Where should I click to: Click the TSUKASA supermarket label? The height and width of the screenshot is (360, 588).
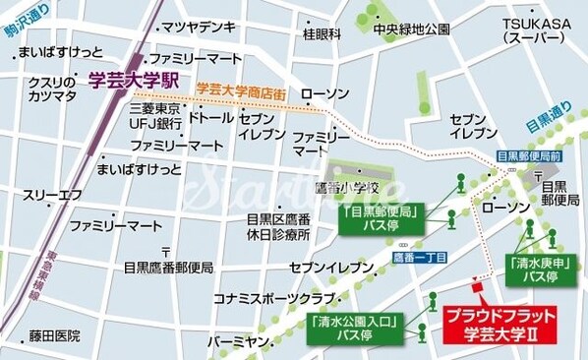click(531, 30)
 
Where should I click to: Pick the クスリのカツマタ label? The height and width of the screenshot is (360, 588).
click(52, 88)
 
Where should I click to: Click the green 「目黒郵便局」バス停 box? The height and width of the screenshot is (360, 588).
click(381, 217)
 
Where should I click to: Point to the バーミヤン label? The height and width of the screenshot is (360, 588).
click(240, 342)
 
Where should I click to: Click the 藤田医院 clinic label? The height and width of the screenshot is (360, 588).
click(54, 335)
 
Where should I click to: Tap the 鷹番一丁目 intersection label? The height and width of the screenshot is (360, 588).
click(418, 257)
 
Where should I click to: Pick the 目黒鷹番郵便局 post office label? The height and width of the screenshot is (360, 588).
click(168, 267)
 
